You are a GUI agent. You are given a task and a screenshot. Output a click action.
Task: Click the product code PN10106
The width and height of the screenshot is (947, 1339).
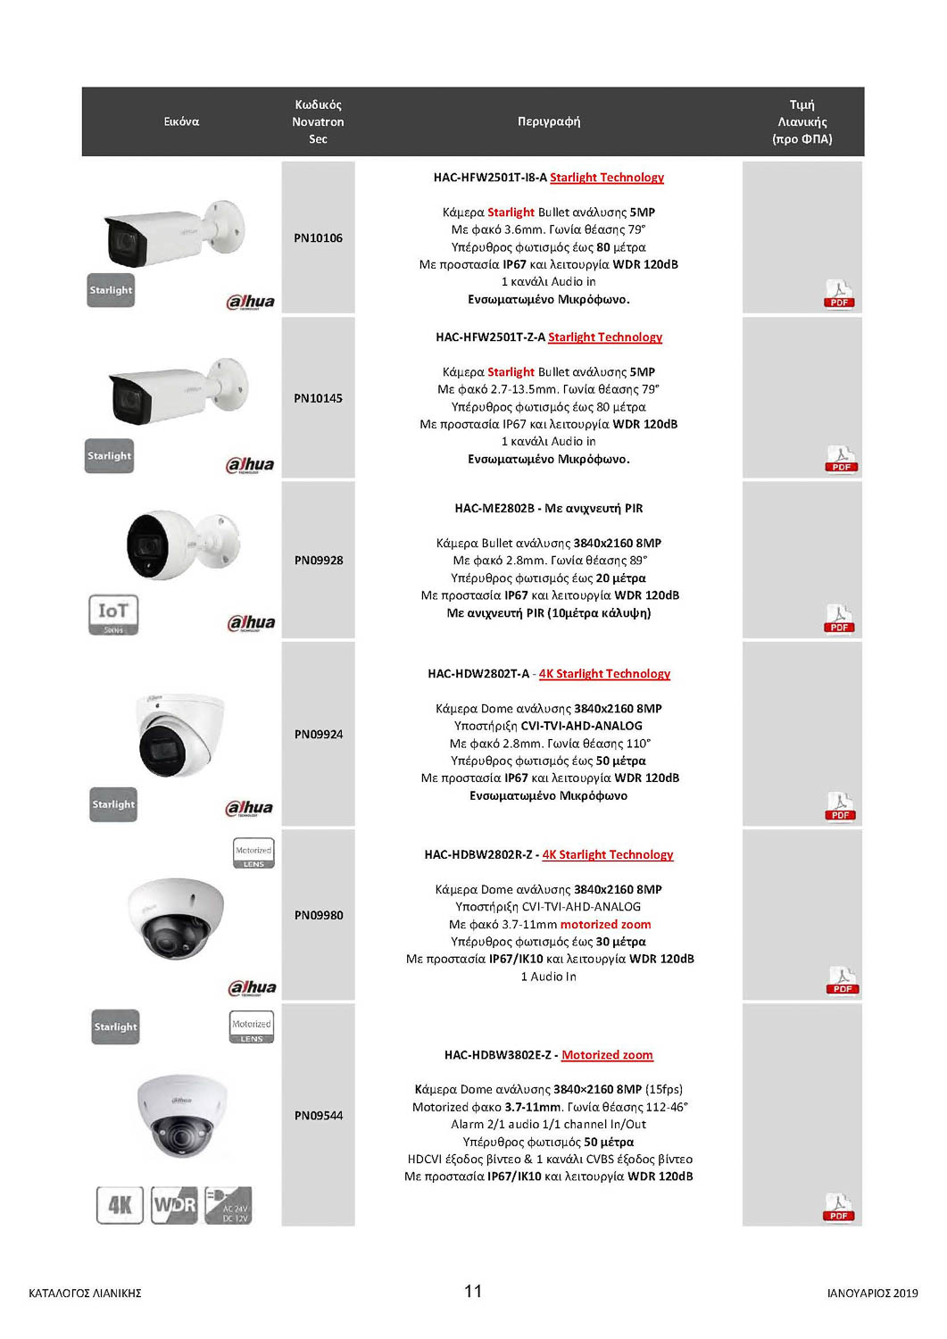pyautogui.click(x=318, y=238)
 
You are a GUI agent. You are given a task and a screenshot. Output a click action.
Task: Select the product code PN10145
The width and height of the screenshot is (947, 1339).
pyautogui.click(x=318, y=398)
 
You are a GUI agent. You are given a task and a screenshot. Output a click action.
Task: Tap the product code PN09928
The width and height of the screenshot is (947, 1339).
pyautogui.click(x=319, y=561)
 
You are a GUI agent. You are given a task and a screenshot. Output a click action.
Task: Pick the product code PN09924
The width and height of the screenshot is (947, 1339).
pyautogui.click(x=319, y=735)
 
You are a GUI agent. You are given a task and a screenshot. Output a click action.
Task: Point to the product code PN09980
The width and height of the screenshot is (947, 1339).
pyautogui.click(x=319, y=915)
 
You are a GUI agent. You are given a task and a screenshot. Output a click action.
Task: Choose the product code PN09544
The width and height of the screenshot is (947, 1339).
pyautogui.click(x=319, y=1116)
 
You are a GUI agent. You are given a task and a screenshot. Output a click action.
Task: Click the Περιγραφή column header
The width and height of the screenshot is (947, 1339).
pyautogui.click(x=549, y=121)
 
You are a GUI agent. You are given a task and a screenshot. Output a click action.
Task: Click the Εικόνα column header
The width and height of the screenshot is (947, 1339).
pyautogui.click(x=181, y=121)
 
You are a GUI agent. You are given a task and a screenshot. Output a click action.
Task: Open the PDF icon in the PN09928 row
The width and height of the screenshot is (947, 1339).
pyautogui.click(x=839, y=618)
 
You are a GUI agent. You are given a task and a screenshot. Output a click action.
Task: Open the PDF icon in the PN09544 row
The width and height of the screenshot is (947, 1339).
pyautogui.click(x=839, y=1207)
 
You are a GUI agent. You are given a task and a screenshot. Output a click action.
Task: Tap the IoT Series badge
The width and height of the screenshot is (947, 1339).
pyautogui.click(x=113, y=614)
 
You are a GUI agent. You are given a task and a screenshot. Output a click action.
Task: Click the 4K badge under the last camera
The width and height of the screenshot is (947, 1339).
pyautogui.click(x=120, y=1205)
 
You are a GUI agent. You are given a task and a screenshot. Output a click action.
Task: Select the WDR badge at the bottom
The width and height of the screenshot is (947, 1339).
pyautogui.click(x=174, y=1205)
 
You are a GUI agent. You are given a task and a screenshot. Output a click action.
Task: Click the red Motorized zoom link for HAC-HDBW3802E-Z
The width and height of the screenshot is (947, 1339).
pyautogui.click(x=607, y=1055)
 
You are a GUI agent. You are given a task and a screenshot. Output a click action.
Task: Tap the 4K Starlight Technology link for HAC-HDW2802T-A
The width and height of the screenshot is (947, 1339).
pyautogui.click(x=604, y=674)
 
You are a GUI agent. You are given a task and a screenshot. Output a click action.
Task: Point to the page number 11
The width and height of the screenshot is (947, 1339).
pyautogui.click(x=473, y=1291)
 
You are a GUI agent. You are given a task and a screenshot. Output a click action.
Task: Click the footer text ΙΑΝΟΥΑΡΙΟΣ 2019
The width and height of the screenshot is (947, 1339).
pyautogui.click(x=872, y=1293)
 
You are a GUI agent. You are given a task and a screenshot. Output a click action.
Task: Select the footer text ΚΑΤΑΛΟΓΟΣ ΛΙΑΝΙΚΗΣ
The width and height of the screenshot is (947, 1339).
pyautogui.click(x=85, y=1293)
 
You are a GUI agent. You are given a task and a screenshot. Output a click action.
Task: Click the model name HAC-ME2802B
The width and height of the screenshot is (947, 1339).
pyautogui.click(x=494, y=509)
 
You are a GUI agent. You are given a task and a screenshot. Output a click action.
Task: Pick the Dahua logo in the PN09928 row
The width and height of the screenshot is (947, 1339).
pyautogui.click(x=251, y=623)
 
